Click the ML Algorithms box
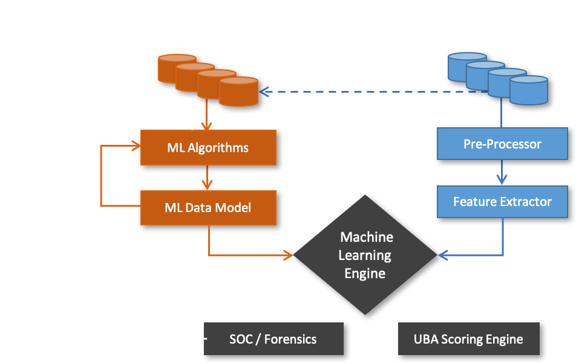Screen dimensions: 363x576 [x=208, y=147]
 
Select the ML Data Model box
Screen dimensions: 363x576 [x=208, y=208]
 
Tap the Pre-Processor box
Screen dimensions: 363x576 [x=502, y=144]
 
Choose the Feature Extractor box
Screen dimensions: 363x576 [x=502, y=201]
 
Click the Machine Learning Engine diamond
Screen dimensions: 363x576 [x=365, y=255]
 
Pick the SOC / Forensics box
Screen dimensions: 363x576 [x=273, y=339]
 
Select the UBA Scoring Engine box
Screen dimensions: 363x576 [x=468, y=339]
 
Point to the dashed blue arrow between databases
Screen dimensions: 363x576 [x=363, y=92]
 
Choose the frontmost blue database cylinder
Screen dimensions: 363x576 [x=528, y=90]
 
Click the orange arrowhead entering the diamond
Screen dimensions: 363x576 [x=288, y=255]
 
